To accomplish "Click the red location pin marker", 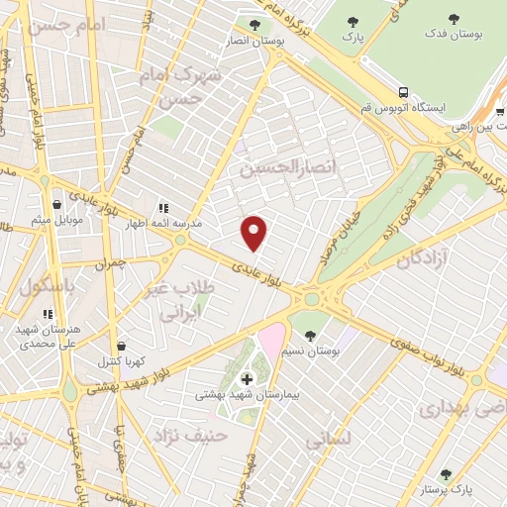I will pos(254,232).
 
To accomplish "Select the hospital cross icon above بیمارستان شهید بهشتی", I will pos(246,377).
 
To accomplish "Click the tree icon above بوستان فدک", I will pos(455,19).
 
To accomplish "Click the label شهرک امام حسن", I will pos(180,86).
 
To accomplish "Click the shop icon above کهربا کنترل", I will pos(121,347).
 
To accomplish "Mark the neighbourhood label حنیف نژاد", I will pos(196,434).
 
